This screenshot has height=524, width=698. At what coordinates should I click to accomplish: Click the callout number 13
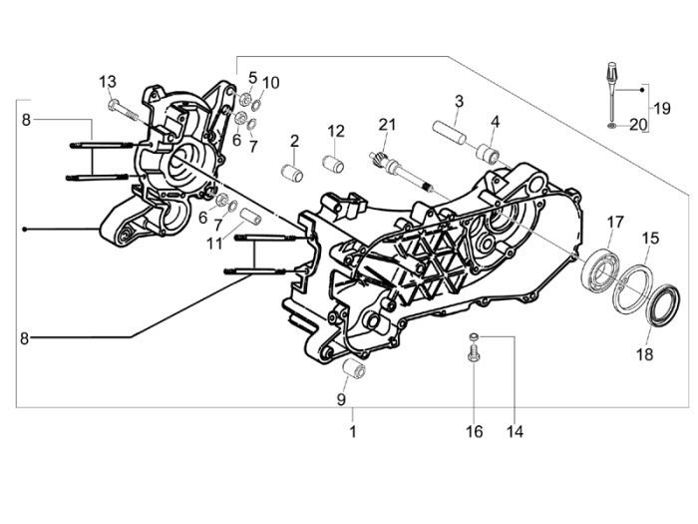click(x=108, y=81)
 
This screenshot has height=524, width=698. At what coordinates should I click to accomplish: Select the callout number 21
click(x=387, y=125)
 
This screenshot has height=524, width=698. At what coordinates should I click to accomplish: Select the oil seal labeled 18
click(x=658, y=306)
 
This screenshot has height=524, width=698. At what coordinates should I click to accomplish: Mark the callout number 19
click(x=661, y=107)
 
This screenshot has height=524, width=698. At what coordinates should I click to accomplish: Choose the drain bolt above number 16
click(x=475, y=353)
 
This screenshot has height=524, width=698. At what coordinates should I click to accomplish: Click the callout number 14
click(x=515, y=432)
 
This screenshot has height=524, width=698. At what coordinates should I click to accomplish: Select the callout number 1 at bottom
click(x=351, y=432)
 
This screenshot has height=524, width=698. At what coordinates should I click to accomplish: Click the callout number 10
click(x=272, y=81)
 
